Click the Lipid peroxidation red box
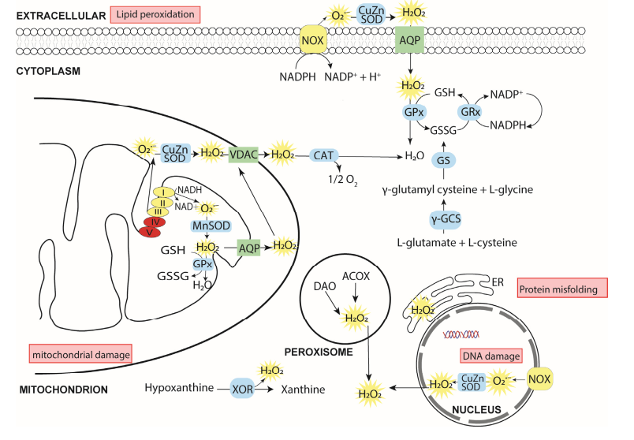click(156, 14)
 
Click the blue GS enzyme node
click(444, 162)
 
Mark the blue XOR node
click(242, 389)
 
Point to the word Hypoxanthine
click(180, 389)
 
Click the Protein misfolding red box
click(560, 289)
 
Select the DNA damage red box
click(490, 356)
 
